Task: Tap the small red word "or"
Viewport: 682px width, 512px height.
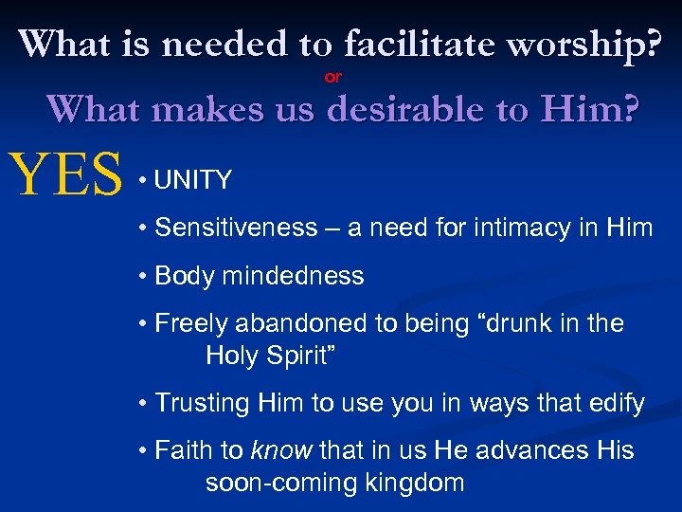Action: (x=333, y=77)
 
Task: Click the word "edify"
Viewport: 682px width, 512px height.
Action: (x=615, y=403)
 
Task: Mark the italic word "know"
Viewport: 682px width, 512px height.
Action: (x=282, y=450)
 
